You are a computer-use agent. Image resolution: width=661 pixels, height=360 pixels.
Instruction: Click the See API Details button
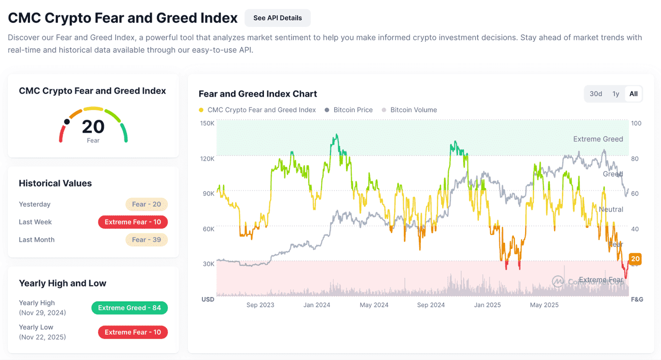[x=277, y=18]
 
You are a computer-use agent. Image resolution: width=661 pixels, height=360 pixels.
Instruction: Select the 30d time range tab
[x=596, y=94]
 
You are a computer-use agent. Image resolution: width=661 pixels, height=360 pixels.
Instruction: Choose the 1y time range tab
[x=616, y=94]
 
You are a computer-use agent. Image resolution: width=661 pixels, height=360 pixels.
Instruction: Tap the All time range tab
[x=633, y=94]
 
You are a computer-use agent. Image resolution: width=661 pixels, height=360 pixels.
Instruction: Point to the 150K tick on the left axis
[x=207, y=123]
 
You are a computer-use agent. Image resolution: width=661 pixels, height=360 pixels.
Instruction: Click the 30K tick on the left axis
[x=208, y=264]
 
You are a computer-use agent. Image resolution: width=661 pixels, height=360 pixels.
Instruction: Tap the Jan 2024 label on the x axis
[x=317, y=305]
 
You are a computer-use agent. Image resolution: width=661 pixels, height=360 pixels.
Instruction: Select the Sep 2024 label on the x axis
[x=431, y=305]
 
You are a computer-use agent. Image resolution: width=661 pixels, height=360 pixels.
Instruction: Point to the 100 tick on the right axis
[x=636, y=123]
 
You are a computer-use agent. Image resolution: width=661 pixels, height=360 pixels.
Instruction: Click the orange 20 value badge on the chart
[x=635, y=259]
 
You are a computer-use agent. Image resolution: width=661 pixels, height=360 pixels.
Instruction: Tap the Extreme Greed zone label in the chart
[x=598, y=139]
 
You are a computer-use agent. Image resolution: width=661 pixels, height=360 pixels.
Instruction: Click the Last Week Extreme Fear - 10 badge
[x=133, y=222]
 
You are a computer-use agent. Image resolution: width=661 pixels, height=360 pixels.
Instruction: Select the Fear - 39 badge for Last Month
[x=146, y=240]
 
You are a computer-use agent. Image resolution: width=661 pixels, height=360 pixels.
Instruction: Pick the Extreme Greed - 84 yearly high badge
[x=129, y=308]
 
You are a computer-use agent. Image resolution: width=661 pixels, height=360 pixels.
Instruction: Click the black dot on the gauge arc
[x=67, y=122]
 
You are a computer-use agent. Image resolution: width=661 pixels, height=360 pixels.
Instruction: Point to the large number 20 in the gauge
[x=93, y=127]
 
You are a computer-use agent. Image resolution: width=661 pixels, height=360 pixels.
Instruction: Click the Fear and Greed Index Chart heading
[x=258, y=94]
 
